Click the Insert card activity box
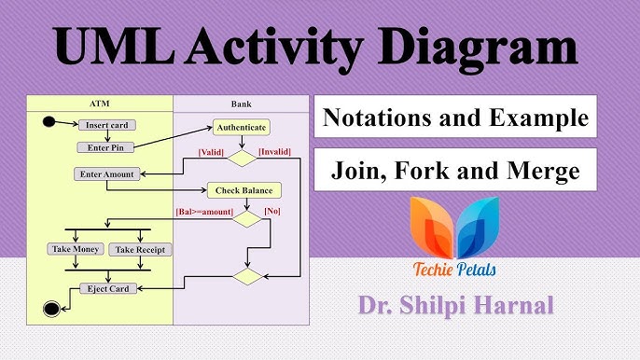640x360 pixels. tap(105, 124)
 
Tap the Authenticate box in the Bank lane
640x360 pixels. tap(241, 127)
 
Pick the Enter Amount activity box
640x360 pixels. tap(106, 173)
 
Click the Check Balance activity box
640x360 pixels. tap(243, 190)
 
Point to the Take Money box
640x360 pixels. tap(75, 249)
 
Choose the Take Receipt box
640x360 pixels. tap(135, 249)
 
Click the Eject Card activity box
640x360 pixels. tap(105, 288)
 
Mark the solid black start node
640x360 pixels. tap(48, 121)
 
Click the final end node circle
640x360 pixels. tap(50, 309)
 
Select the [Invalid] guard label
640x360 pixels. tap(274, 151)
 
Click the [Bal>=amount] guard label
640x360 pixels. tap(204, 212)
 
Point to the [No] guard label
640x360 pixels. tap(272, 212)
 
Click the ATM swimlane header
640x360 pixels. tap(100, 104)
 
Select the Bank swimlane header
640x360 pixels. tap(241, 104)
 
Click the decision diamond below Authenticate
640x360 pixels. tap(243, 158)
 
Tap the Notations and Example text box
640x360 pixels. tap(455, 118)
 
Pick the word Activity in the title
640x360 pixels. tap(296, 47)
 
